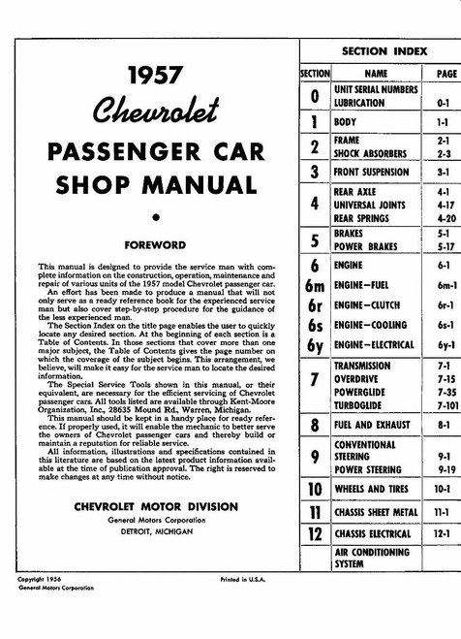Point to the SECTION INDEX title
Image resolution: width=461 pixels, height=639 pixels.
click(382, 49)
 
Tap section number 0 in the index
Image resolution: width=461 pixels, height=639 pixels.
click(314, 96)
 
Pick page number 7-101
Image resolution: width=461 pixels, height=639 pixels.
click(445, 405)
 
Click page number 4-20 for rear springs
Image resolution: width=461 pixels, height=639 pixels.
click(445, 218)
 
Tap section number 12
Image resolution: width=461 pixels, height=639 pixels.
click(314, 534)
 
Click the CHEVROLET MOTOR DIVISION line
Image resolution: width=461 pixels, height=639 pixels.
click(154, 506)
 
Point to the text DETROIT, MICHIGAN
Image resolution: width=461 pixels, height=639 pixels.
click(154, 531)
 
